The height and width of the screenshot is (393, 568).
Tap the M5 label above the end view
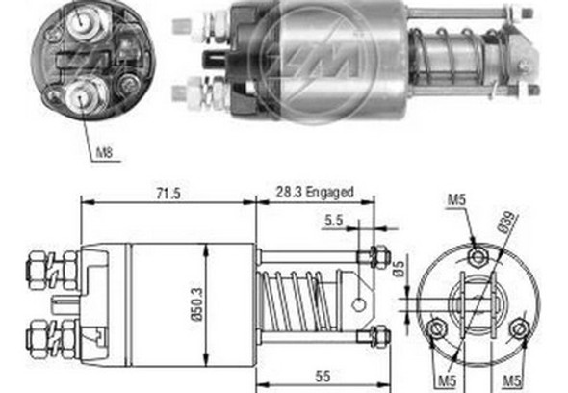456,201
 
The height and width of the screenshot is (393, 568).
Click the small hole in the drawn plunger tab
358,304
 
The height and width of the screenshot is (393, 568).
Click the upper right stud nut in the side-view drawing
377,256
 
